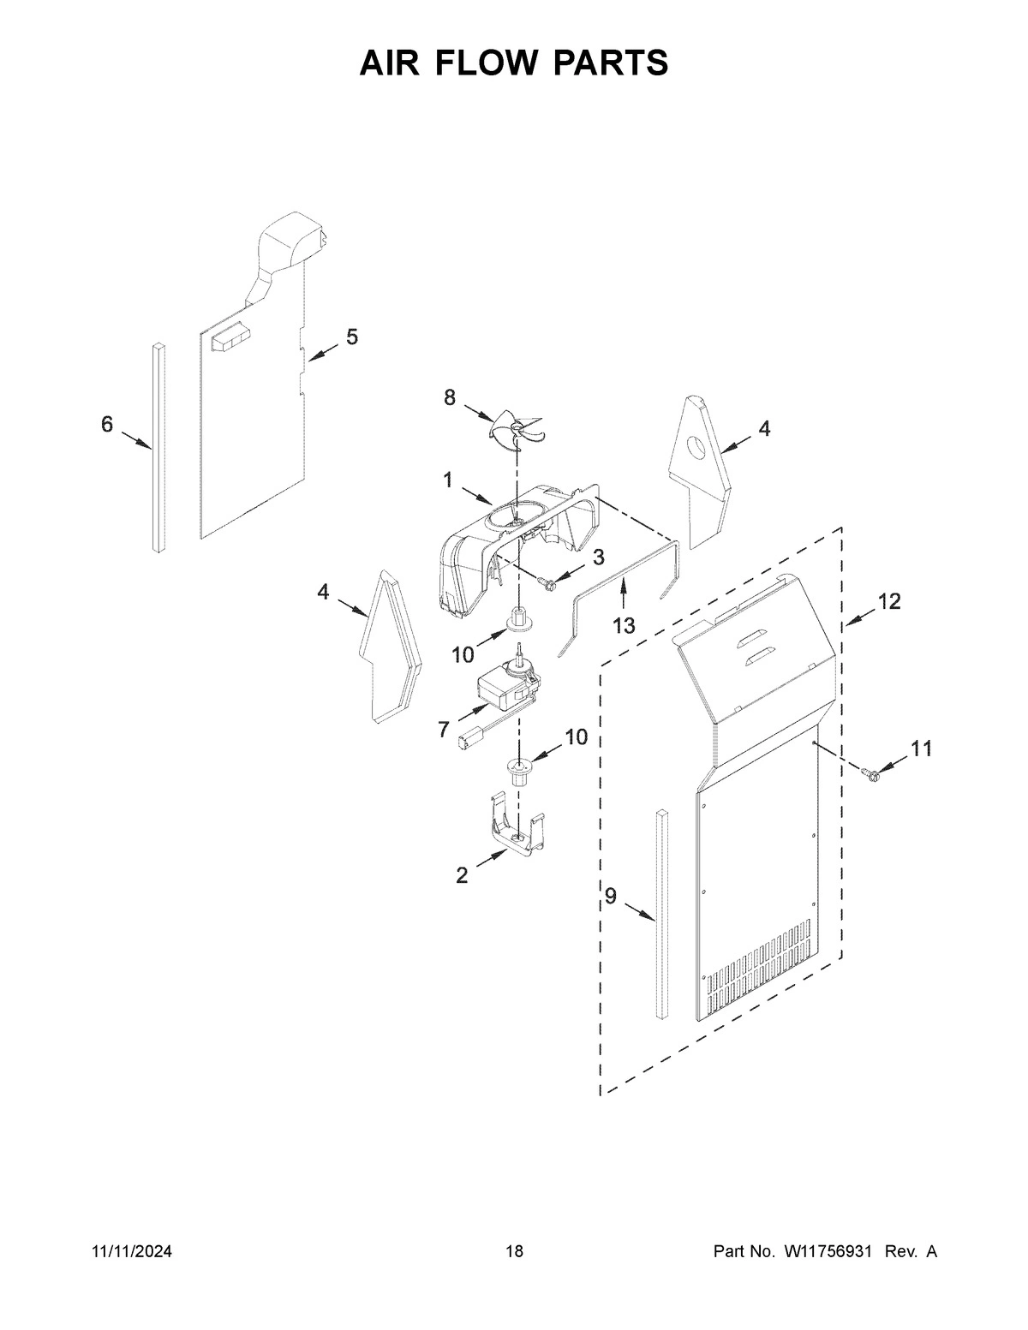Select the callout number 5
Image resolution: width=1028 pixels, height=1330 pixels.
click(352, 337)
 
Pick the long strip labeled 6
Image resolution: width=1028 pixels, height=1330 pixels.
click(158, 445)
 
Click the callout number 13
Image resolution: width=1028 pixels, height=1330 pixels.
click(624, 626)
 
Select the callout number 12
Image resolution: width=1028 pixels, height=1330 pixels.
click(888, 602)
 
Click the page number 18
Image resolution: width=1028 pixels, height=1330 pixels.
click(514, 1251)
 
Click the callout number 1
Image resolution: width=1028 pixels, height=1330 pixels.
click(447, 480)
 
